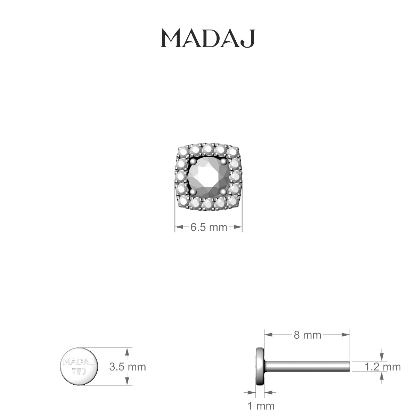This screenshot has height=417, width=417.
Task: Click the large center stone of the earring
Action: tap(208, 177)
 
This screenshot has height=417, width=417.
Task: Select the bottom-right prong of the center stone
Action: tap(223, 191)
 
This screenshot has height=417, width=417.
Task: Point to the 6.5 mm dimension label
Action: tap(208, 228)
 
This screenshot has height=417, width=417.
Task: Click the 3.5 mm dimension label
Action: tap(128, 367)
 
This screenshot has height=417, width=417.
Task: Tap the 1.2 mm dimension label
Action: tap(382, 367)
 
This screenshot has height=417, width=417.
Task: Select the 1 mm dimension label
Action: tap(261, 406)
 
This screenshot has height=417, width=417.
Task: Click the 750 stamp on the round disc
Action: tap(79, 371)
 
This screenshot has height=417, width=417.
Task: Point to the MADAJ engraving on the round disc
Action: tap(79, 362)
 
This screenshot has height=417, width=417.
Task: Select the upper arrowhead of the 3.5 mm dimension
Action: tap(128, 351)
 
